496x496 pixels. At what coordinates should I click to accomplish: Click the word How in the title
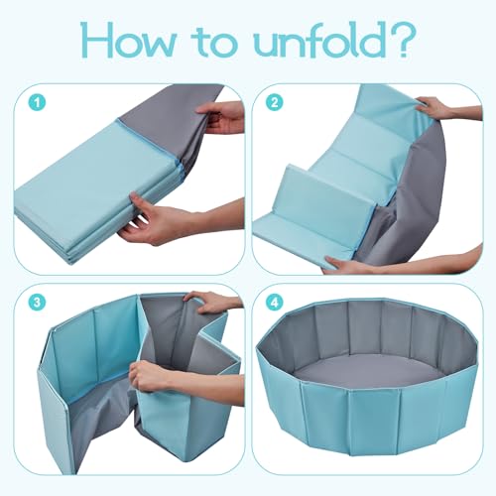(x=128, y=41)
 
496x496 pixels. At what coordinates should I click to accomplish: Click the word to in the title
(x=215, y=44)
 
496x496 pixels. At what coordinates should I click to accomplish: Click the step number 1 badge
(x=37, y=102)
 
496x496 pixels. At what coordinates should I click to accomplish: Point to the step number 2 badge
(x=274, y=102)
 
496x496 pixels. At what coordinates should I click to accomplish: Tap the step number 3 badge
(x=37, y=302)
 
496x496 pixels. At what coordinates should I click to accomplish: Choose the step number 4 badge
(x=274, y=302)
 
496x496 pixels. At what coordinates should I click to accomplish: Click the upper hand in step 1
(x=221, y=117)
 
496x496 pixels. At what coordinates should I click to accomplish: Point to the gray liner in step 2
(x=417, y=198)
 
